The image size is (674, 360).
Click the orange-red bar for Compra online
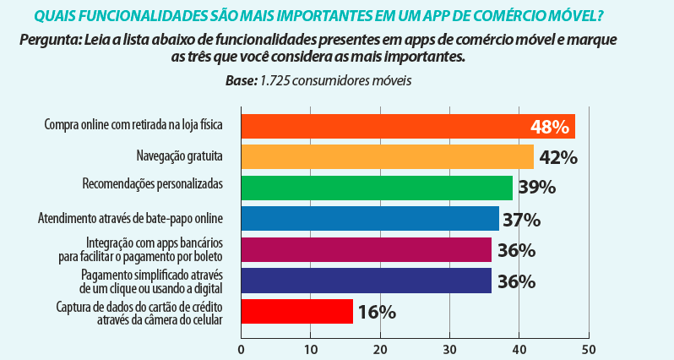[x=380, y=126]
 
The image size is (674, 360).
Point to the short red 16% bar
[x=296, y=311]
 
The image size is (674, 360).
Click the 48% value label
[x=550, y=127]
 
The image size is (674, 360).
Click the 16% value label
[x=377, y=312]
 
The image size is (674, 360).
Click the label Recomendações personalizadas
[x=152, y=184]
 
